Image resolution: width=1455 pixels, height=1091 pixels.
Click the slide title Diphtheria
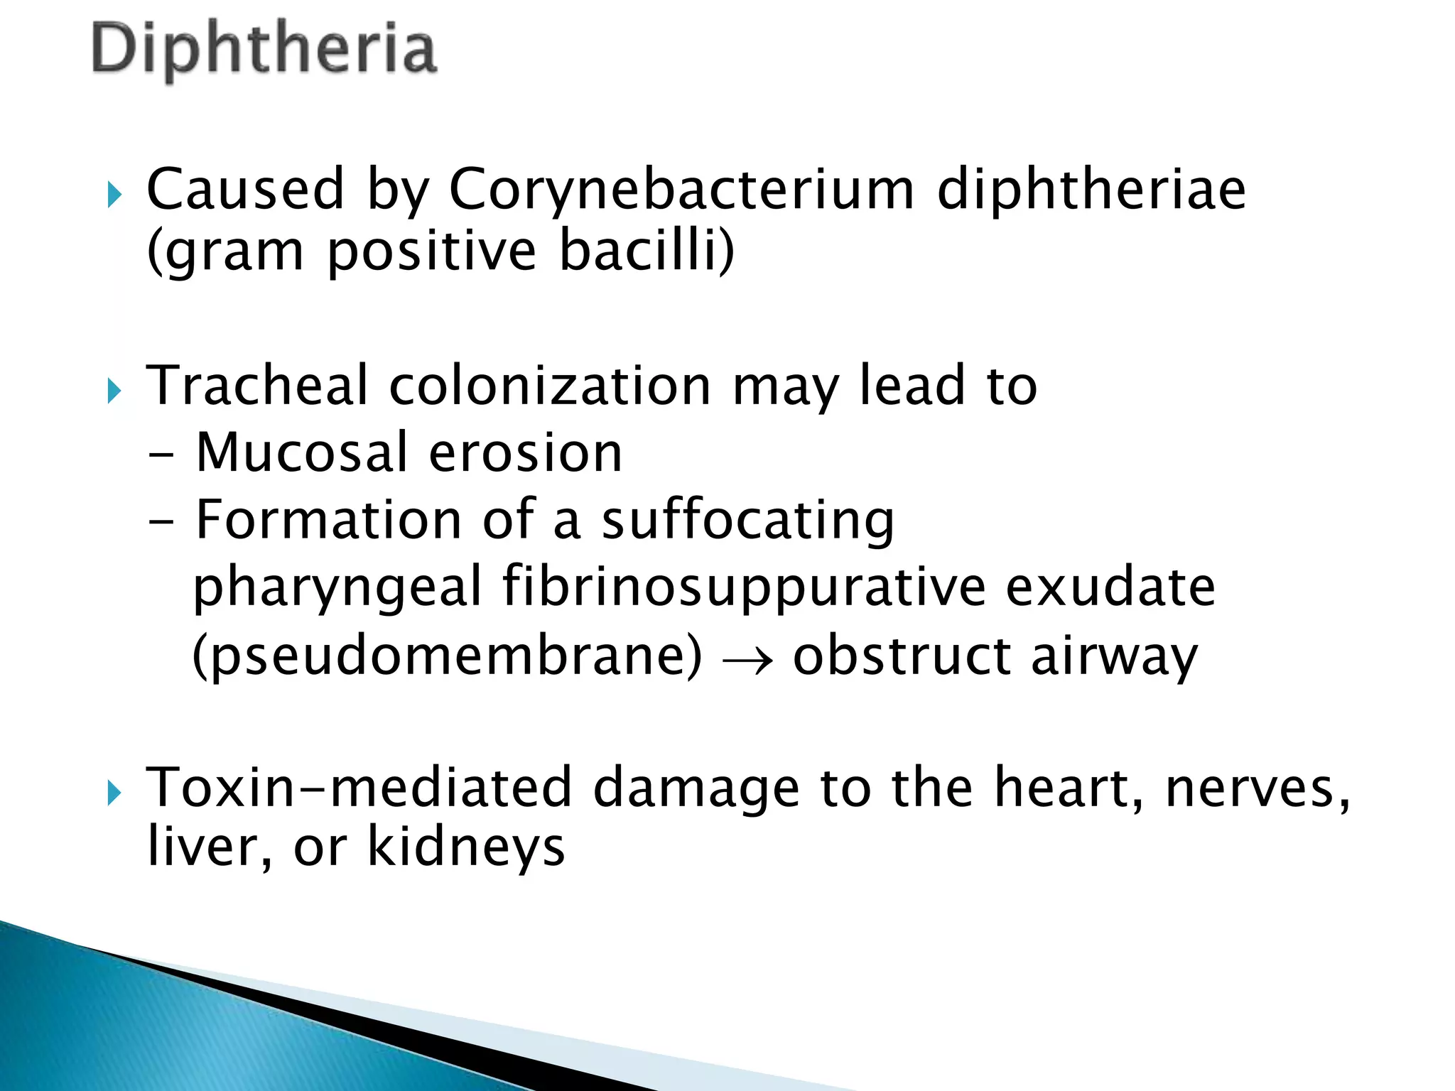[264, 50]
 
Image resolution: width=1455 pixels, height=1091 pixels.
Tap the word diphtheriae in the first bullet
[1091, 190]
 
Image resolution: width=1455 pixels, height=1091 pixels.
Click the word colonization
[550, 386]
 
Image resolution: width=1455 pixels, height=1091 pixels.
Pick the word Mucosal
[302, 452]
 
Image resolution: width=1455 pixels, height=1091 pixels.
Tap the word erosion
[526, 452]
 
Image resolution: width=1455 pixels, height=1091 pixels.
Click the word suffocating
[747, 521]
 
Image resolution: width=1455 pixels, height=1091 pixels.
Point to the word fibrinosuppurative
[744, 588]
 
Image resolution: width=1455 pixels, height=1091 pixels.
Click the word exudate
[1110, 588]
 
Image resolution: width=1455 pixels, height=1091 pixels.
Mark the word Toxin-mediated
[359, 788]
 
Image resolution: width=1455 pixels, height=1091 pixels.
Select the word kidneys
[465, 847]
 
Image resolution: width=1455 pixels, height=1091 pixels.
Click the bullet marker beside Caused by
[115, 195]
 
